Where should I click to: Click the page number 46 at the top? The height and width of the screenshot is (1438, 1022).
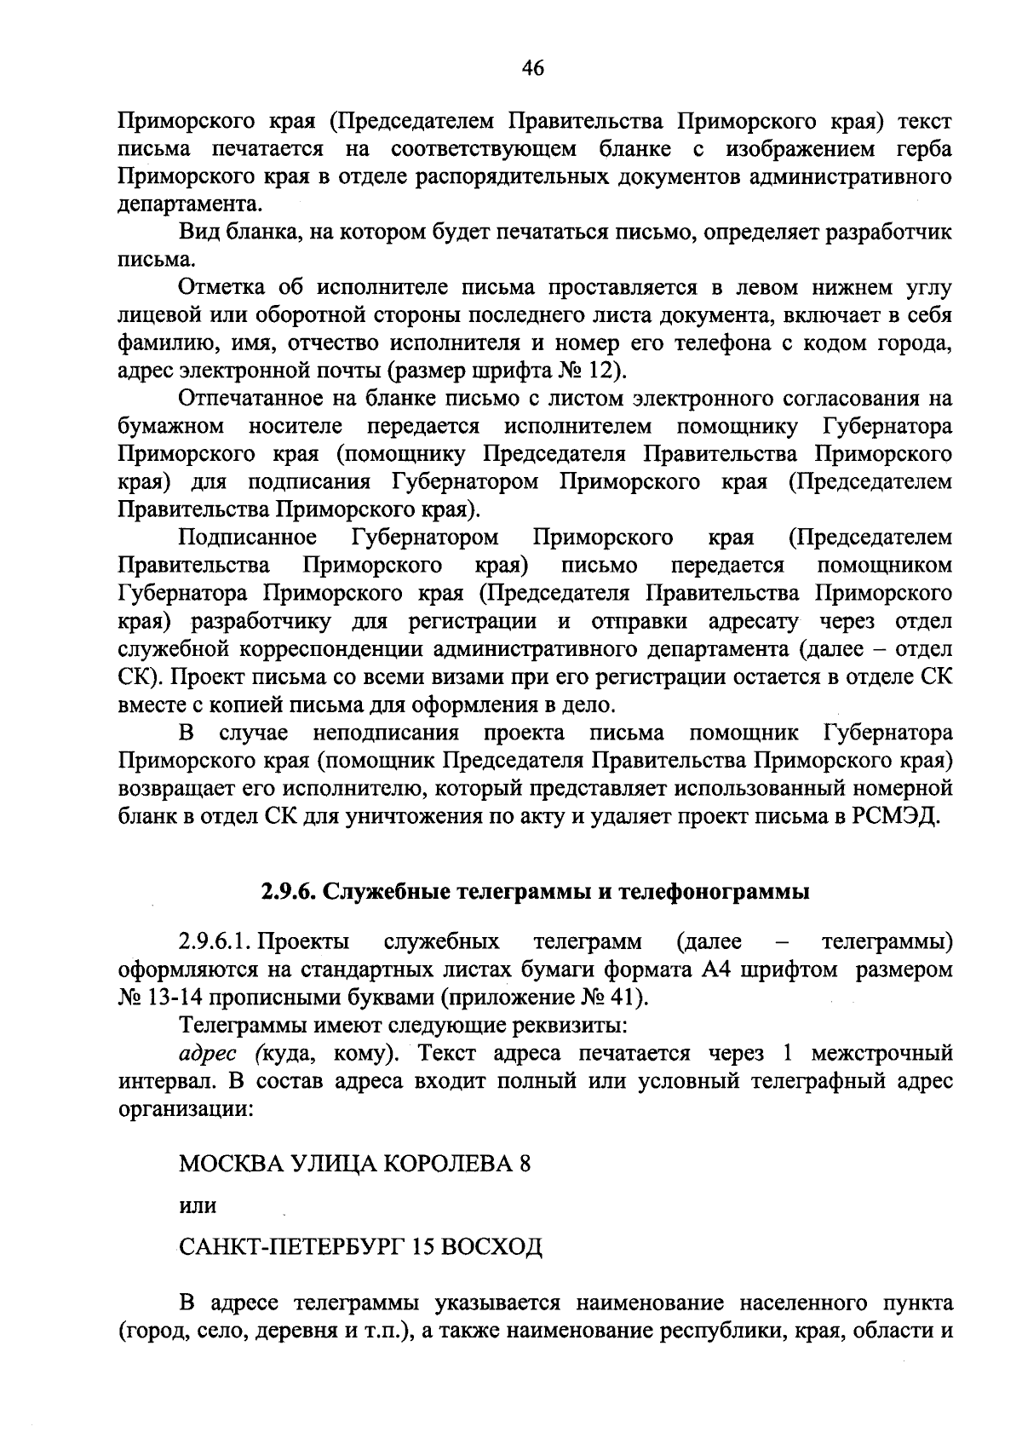[532, 69]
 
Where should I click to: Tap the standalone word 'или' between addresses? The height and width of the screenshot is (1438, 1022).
[198, 1207]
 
